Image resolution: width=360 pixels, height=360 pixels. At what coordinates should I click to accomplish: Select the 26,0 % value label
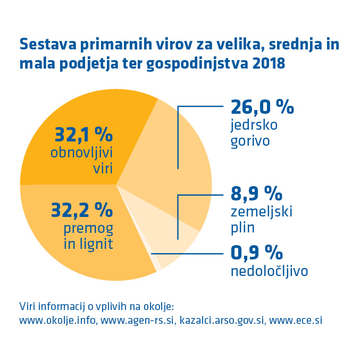click(262, 107)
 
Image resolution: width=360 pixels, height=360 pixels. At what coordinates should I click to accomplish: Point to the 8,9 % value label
click(256, 192)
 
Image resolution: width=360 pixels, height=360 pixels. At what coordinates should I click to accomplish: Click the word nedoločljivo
click(270, 271)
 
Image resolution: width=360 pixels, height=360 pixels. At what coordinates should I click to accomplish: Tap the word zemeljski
click(262, 211)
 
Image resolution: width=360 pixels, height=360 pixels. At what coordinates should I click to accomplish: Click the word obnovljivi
click(83, 154)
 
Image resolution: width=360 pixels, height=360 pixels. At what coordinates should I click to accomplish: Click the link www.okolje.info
click(57, 321)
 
